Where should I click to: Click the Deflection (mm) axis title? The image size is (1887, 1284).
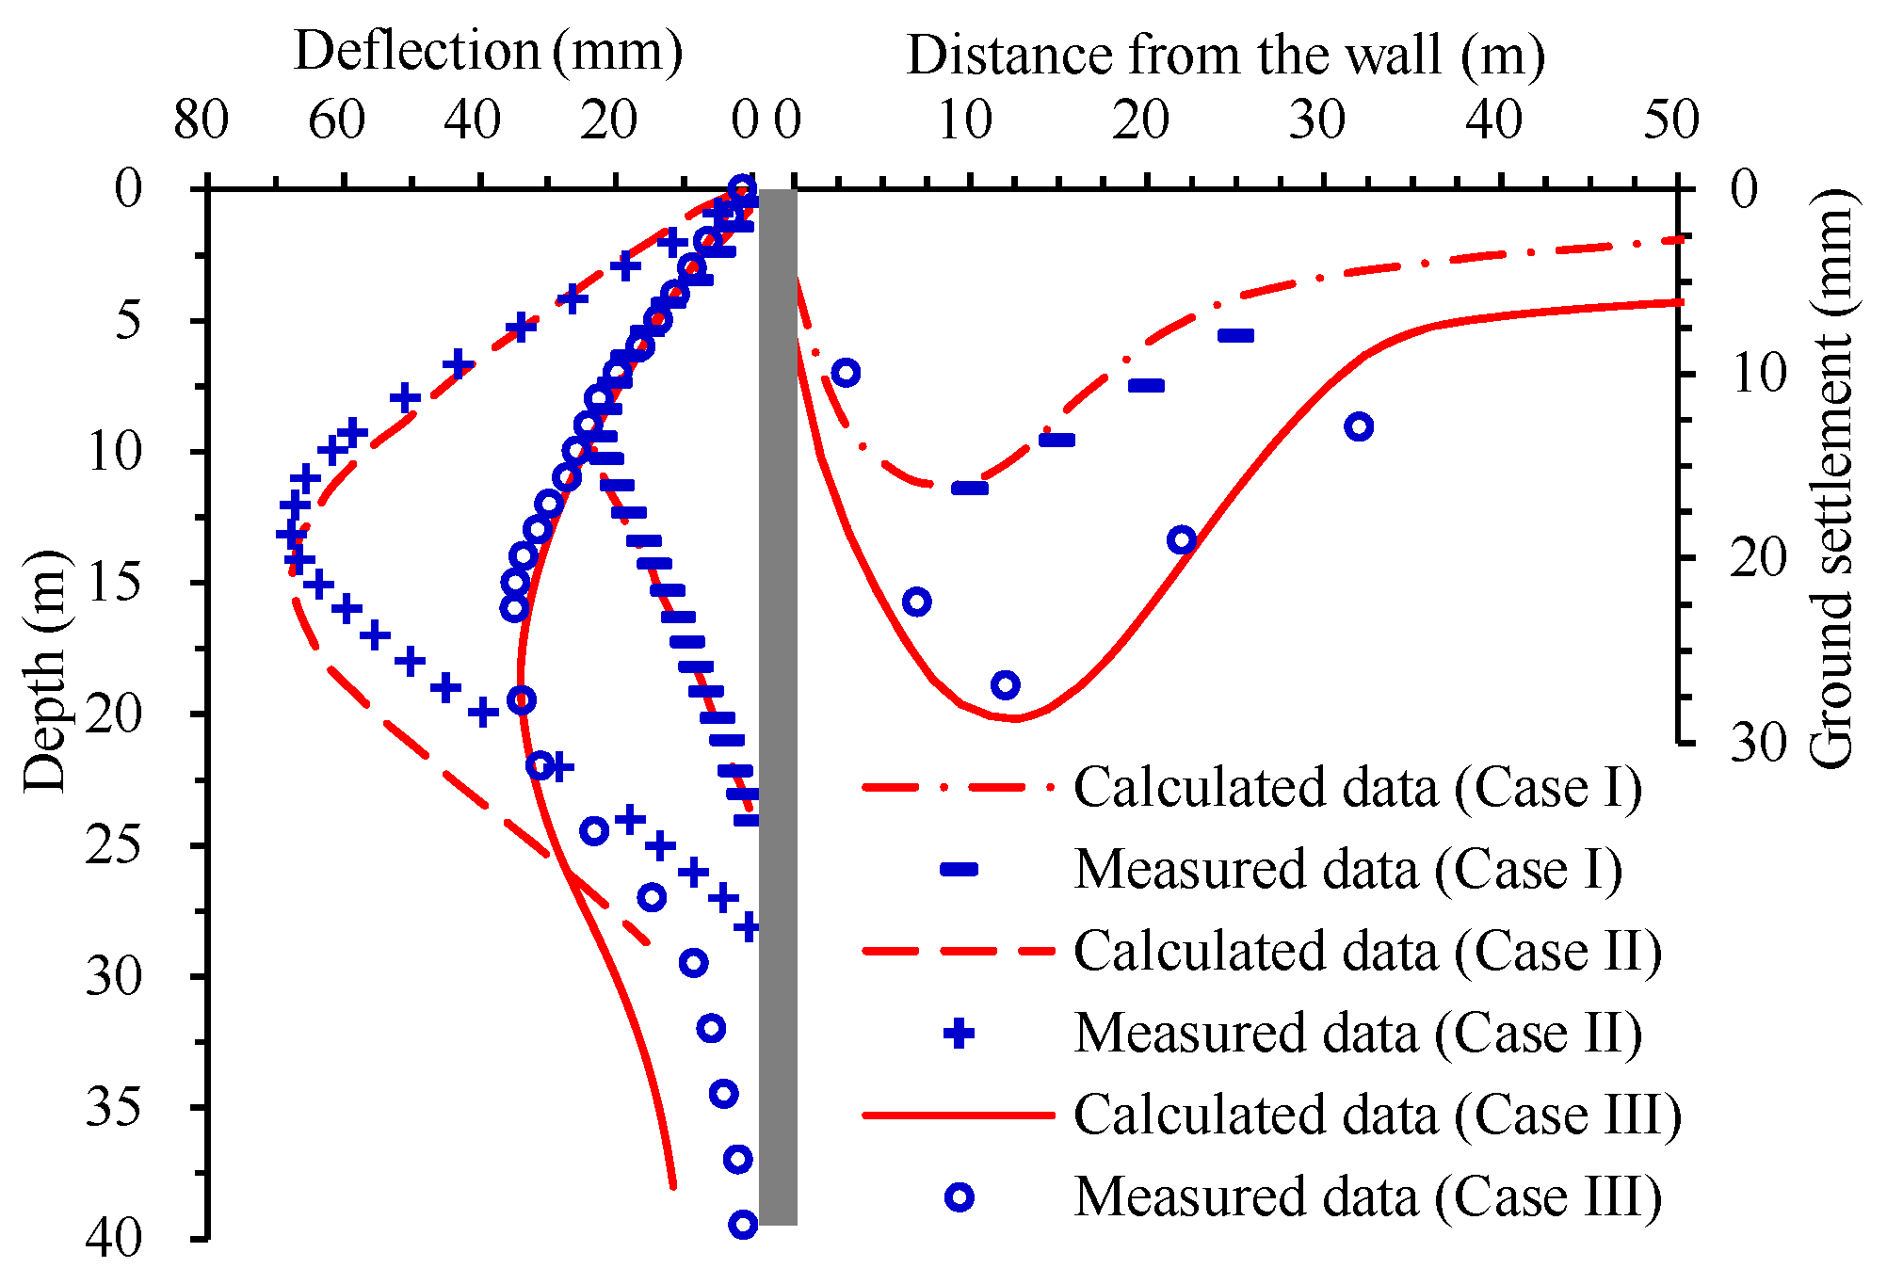[x=488, y=51]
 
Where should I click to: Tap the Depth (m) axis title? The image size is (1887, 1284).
[x=45, y=670]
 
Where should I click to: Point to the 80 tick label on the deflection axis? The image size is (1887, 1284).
[x=201, y=120]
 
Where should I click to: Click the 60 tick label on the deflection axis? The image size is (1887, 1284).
[x=336, y=120]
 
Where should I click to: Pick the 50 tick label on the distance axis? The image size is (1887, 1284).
[x=1671, y=120]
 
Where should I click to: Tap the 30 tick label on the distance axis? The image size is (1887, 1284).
[x=1318, y=120]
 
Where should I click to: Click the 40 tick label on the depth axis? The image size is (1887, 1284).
[x=114, y=1238]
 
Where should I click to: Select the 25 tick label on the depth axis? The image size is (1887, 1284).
[x=114, y=845]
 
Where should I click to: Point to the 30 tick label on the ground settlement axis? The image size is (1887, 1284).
[x=1757, y=744]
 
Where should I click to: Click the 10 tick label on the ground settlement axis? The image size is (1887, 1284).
[x=1757, y=374]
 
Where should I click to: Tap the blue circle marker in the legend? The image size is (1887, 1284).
[x=959, y=1197]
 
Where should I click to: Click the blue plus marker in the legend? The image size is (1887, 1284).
[x=959, y=1034]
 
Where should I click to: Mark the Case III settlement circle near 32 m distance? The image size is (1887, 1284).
[x=1359, y=426]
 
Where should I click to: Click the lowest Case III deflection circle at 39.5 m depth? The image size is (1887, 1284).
[x=743, y=1225]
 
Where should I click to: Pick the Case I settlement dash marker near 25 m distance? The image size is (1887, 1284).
[x=1235, y=335]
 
